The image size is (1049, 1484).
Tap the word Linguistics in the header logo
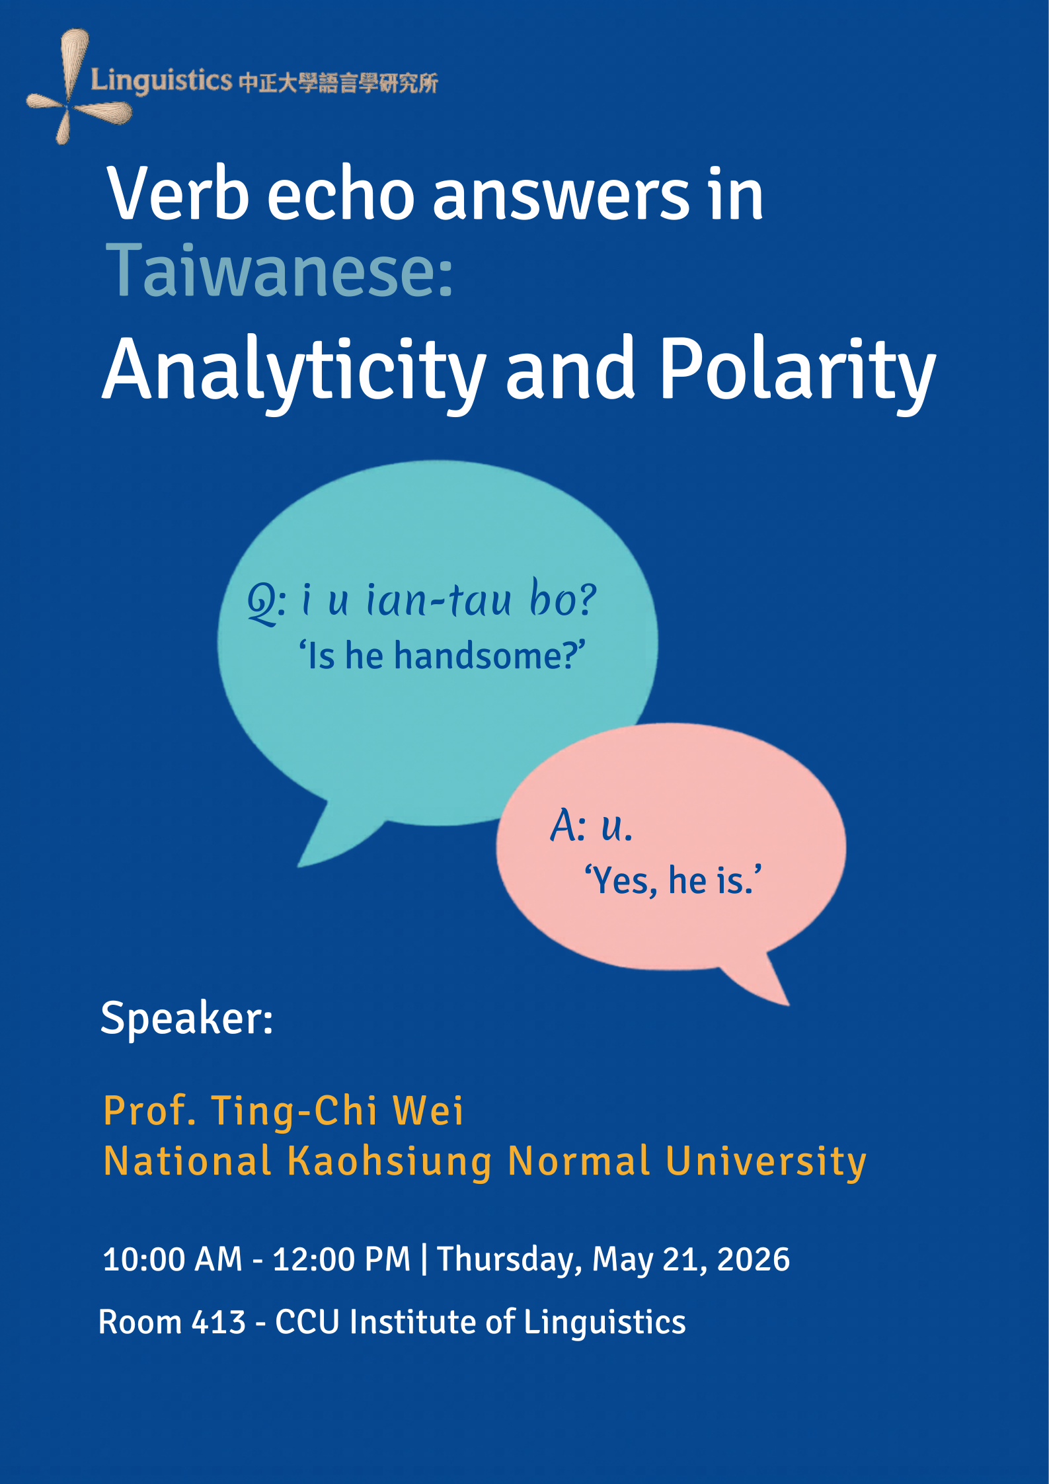(x=161, y=81)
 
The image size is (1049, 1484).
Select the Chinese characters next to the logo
(x=338, y=83)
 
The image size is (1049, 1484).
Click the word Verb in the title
(x=178, y=194)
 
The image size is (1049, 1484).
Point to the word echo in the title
(x=341, y=194)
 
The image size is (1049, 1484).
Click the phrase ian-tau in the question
(x=439, y=600)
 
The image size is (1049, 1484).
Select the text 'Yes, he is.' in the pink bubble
(x=673, y=880)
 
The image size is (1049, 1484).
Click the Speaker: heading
(x=187, y=1019)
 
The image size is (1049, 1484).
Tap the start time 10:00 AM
(x=173, y=1259)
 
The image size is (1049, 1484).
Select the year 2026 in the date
(x=754, y=1259)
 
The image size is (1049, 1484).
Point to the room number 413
(x=219, y=1323)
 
